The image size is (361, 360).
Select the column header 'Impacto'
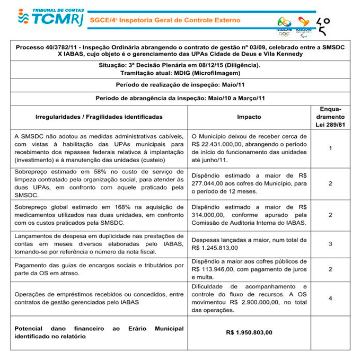tap(249, 117)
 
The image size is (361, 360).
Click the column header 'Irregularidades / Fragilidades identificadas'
tap(99, 117)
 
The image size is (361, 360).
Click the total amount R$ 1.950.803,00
tap(249, 332)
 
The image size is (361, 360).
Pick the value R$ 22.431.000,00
tap(215, 144)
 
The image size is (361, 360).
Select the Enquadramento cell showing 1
tap(330, 148)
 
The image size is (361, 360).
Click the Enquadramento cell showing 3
tap(330, 243)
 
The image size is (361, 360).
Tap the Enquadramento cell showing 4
tap(330, 298)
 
